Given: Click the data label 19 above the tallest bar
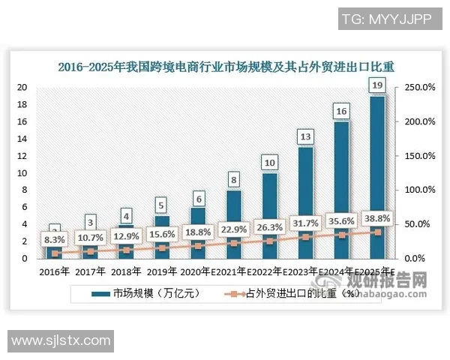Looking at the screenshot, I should (x=377, y=86).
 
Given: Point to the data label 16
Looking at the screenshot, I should (x=341, y=112).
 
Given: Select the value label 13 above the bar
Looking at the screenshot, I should (x=305, y=137).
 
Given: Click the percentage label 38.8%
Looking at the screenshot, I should (x=378, y=218).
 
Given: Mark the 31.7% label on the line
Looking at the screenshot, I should (x=306, y=223).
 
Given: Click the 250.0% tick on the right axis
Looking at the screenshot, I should (x=420, y=88).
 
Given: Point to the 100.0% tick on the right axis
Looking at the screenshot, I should (x=420, y=190).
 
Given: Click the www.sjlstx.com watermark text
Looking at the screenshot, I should (x=61, y=341).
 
